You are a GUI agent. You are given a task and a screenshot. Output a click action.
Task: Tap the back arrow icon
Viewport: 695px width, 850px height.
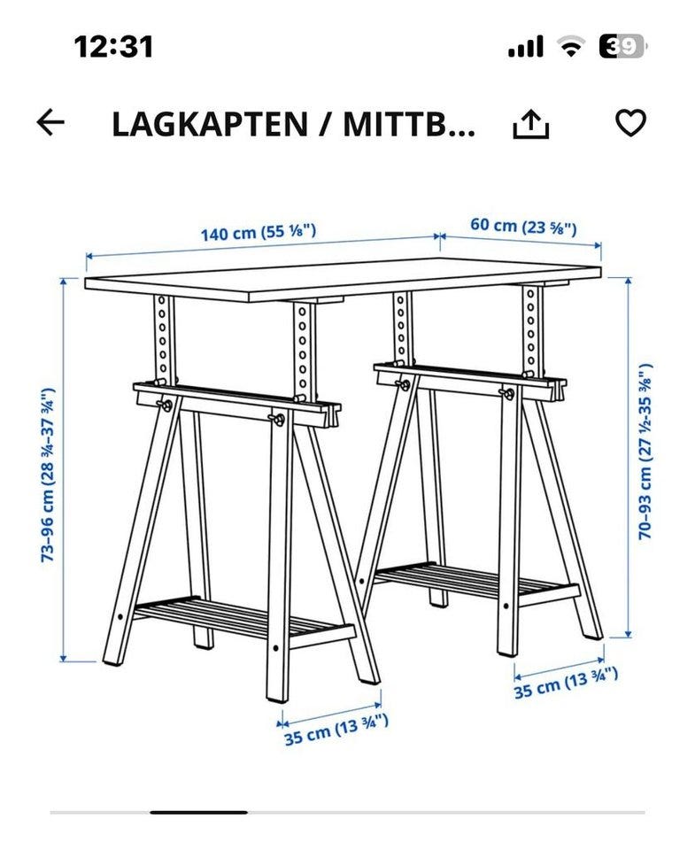pos(51,124)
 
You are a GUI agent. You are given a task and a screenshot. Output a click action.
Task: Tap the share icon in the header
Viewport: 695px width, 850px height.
pos(531,125)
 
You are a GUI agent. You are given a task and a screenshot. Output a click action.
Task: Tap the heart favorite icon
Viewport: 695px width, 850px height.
pos(630,124)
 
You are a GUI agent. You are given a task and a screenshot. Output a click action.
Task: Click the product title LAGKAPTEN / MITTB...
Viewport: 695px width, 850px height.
pos(293,125)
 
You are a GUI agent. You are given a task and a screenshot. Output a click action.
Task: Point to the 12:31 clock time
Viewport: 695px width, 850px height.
pos(113,46)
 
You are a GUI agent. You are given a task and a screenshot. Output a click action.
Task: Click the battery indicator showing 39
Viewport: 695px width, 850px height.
pos(622,47)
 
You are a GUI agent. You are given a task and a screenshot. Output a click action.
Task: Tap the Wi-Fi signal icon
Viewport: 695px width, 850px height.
pos(570,47)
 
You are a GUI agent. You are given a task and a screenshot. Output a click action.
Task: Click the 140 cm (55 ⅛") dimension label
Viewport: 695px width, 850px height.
pos(258,233)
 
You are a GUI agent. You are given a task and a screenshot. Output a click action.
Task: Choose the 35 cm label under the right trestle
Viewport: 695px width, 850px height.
pos(566,683)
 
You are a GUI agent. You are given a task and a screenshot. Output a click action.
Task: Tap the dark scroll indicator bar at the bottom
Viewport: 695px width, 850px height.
pos(198,812)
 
